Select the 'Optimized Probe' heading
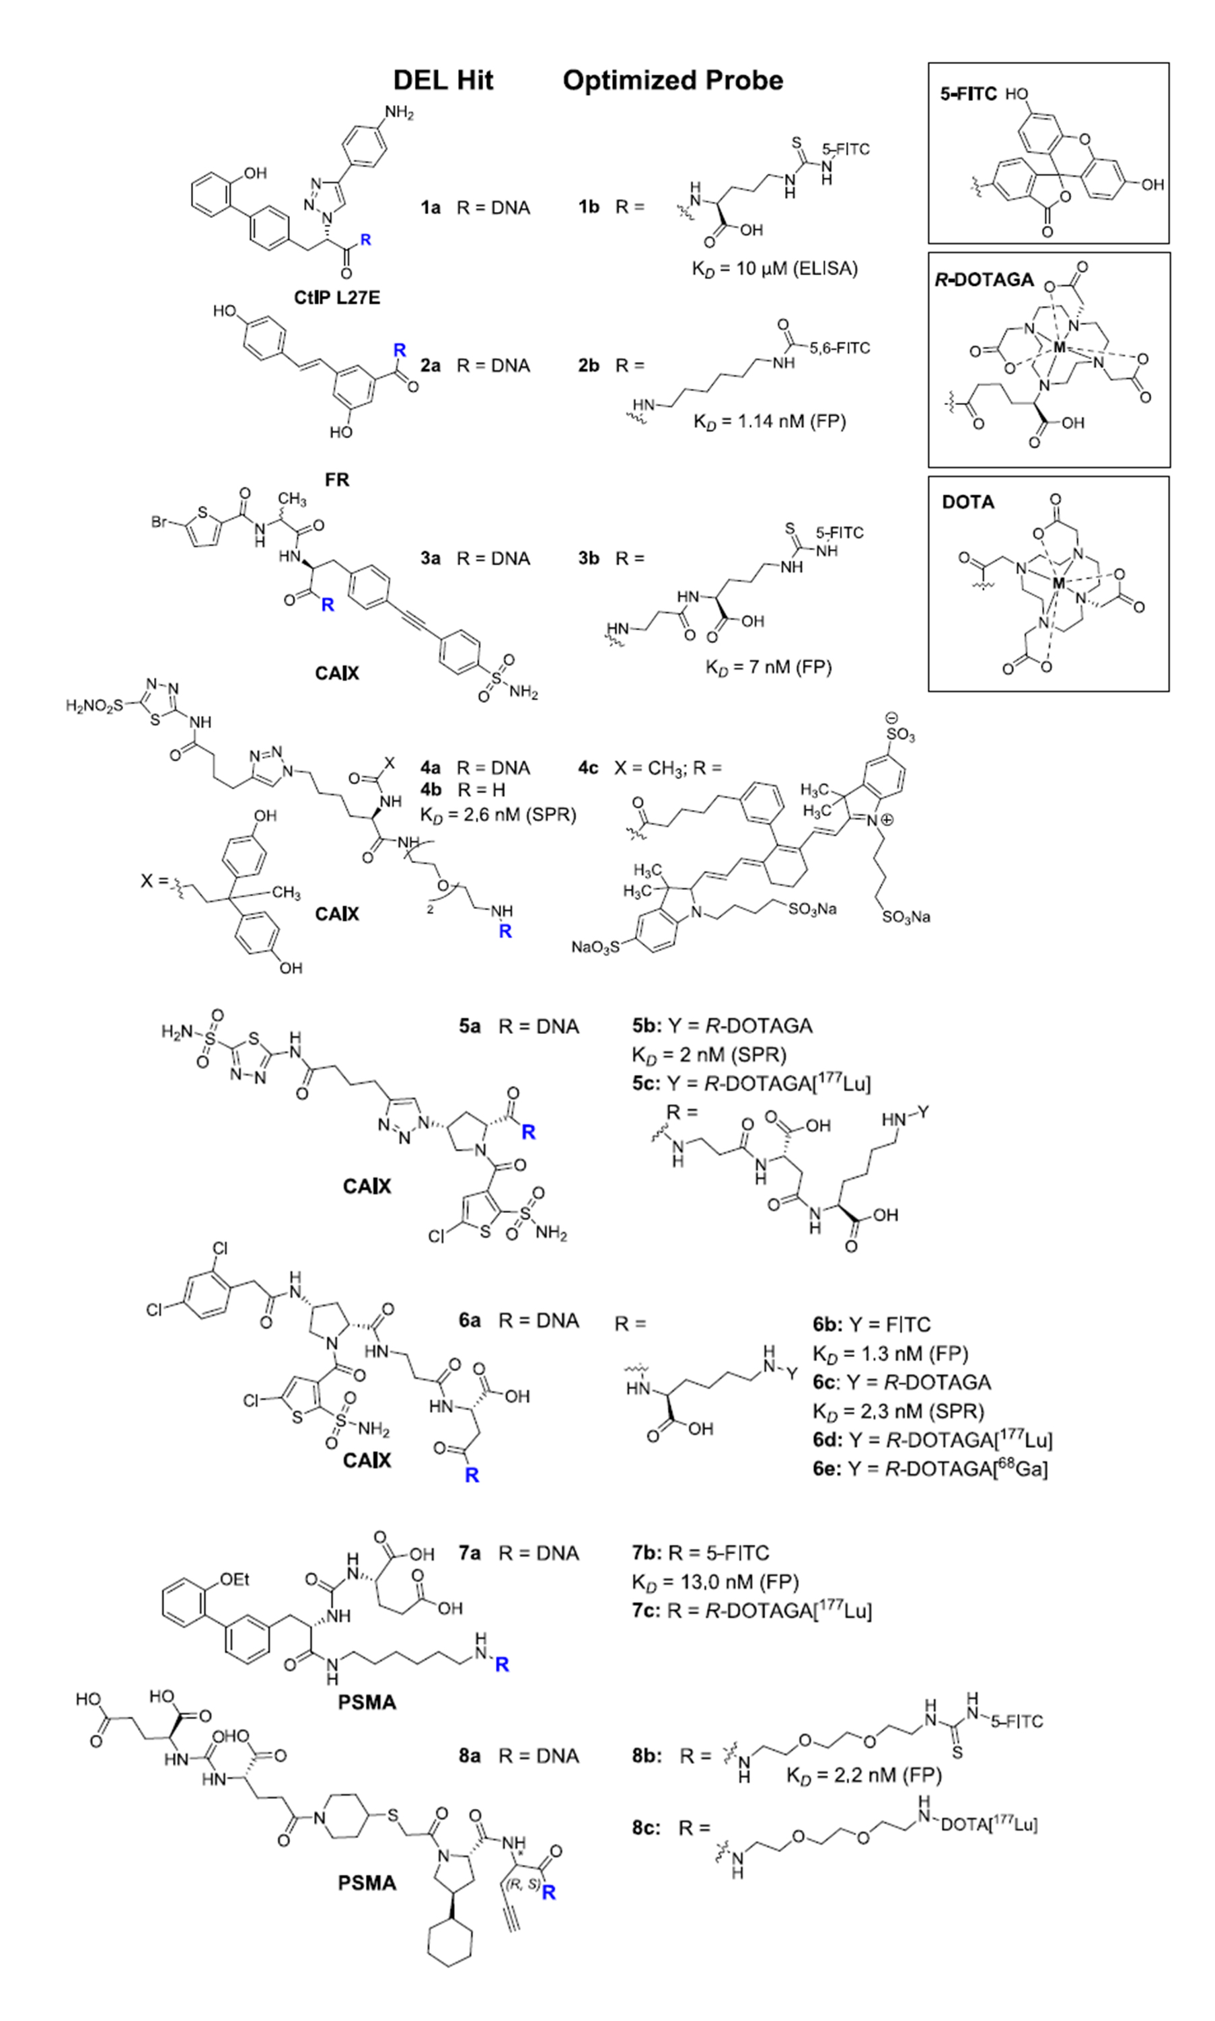(x=672, y=80)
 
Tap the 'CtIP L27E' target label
(x=336, y=298)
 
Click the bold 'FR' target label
(x=336, y=480)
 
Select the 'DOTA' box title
(x=967, y=502)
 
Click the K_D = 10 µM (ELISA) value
(x=774, y=268)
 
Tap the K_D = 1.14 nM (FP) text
(x=769, y=422)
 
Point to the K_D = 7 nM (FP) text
(x=768, y=667)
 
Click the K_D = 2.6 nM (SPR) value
(x=499, y=815)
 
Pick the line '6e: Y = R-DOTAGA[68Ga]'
(x=930, y=1468)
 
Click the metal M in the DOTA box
(x=1059, y=583)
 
